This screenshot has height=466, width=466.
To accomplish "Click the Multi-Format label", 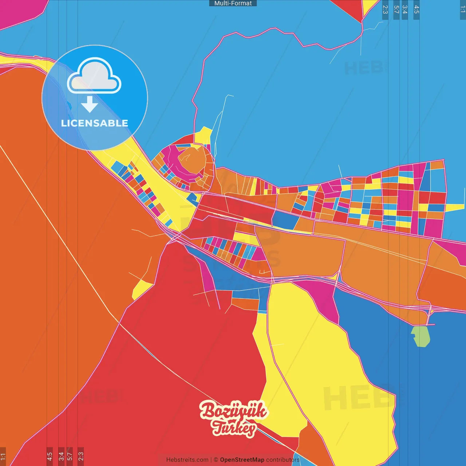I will [233, 3].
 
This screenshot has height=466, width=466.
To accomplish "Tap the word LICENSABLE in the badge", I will [95, 123].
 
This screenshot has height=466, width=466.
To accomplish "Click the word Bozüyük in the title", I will [233, 411].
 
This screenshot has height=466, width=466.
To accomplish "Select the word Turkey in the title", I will [234, 428].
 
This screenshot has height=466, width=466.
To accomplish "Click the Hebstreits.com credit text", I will [187, 460].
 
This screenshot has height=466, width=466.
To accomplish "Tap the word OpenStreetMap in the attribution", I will [242, 460].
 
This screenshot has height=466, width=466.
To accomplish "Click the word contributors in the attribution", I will [283, 460].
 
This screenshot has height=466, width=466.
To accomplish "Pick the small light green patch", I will [420, 336].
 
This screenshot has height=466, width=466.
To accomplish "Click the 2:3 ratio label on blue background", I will [385, 9].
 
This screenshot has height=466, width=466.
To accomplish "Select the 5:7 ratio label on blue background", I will [396, 9].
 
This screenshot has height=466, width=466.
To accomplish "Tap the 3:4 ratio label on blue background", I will [405, 9].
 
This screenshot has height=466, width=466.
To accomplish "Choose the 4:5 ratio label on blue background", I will [416, 9].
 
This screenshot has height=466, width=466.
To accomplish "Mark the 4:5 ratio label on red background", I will [50, 456].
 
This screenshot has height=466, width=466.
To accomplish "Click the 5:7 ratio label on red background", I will [70, 456].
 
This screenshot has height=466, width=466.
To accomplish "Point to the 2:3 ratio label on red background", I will [81, 456].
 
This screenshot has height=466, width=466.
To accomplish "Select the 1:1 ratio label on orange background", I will [3, 456].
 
